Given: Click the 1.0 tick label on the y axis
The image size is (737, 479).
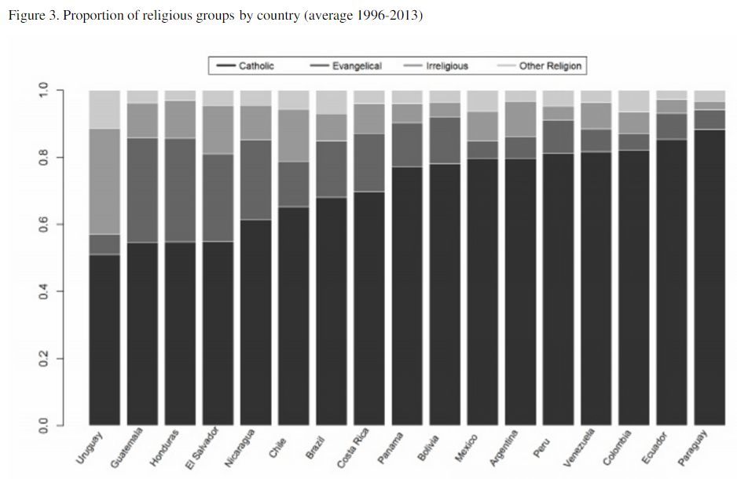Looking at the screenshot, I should coord(44,91).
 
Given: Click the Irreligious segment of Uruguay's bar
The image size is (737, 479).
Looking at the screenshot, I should coord(104,181).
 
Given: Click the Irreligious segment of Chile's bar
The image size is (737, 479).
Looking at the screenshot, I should coord(293,135).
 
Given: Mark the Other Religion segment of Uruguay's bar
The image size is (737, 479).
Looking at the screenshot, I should coord(104,109).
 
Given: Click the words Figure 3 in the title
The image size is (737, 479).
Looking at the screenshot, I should coord(32,16).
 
